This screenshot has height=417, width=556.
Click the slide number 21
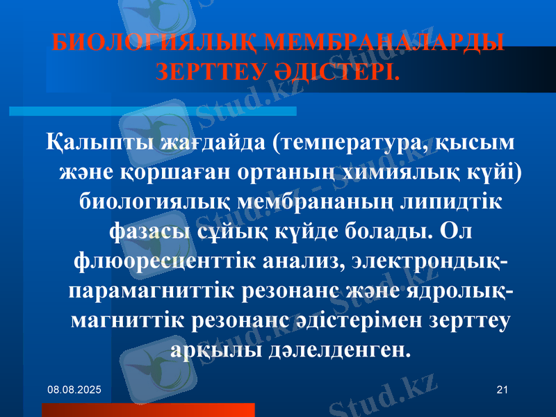click(x=502, y=392)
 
